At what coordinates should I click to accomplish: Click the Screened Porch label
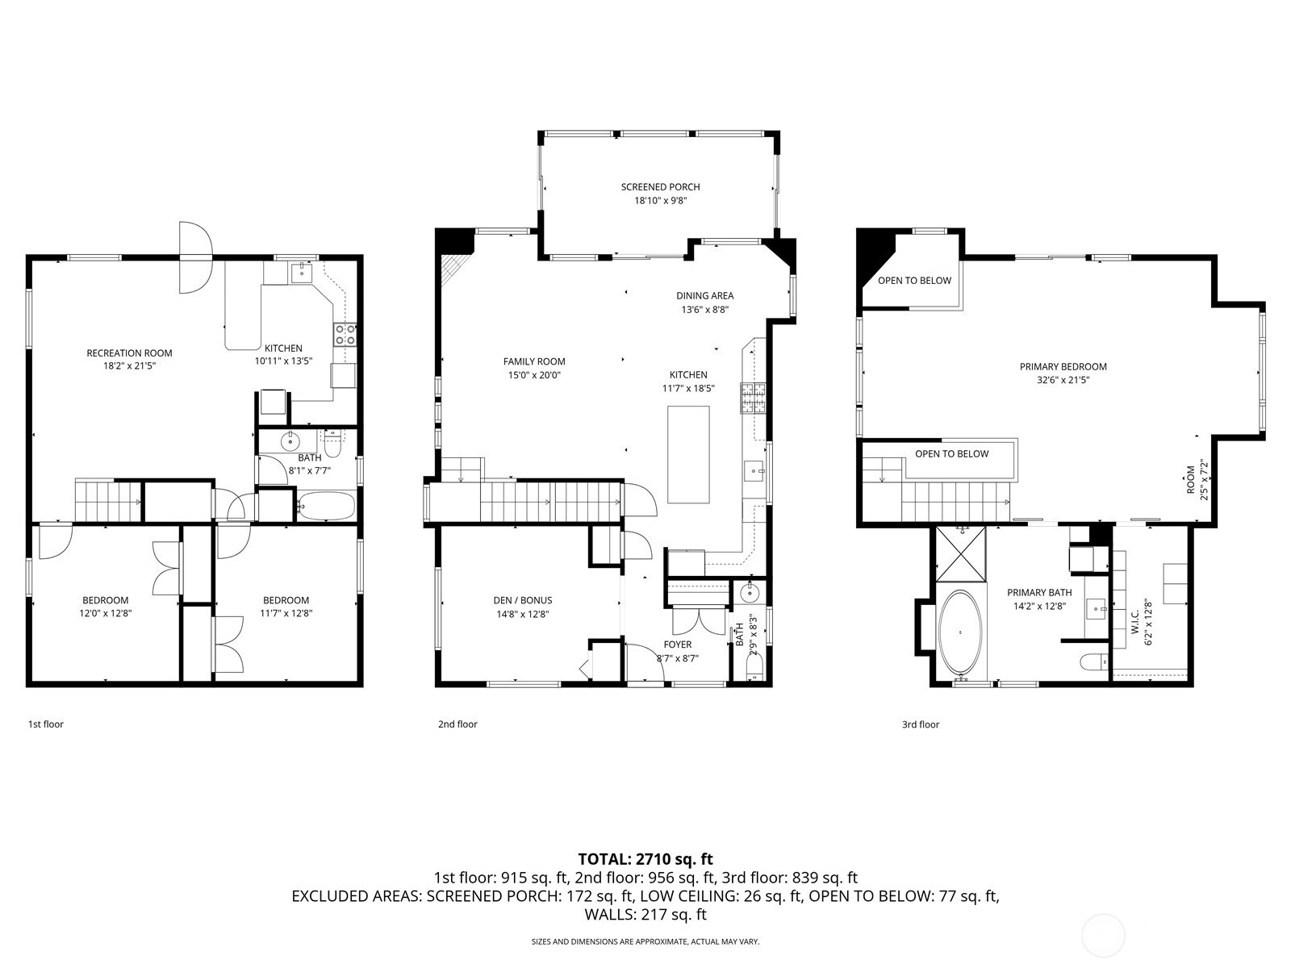660,187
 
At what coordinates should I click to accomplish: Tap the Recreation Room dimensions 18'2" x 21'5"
129,366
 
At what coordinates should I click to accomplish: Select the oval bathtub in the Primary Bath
960,633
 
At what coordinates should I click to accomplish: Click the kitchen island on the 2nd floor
688,454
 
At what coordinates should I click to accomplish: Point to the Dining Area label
704,295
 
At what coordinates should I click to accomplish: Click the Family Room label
534,361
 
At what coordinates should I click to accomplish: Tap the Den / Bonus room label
522,600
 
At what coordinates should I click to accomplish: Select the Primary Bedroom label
1063,367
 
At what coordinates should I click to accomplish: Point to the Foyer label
678,645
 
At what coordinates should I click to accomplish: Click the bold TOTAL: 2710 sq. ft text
645,859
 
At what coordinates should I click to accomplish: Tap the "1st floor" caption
46,724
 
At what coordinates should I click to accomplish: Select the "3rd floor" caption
921,724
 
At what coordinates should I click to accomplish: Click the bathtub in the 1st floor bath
327,506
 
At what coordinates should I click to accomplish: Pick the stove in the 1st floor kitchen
345,335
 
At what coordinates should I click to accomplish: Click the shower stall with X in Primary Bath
960,554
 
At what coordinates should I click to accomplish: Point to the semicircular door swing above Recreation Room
194,257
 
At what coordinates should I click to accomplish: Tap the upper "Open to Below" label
914,281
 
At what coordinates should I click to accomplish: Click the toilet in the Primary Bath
1095,661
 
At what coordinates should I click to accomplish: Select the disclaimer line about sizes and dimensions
645,941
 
